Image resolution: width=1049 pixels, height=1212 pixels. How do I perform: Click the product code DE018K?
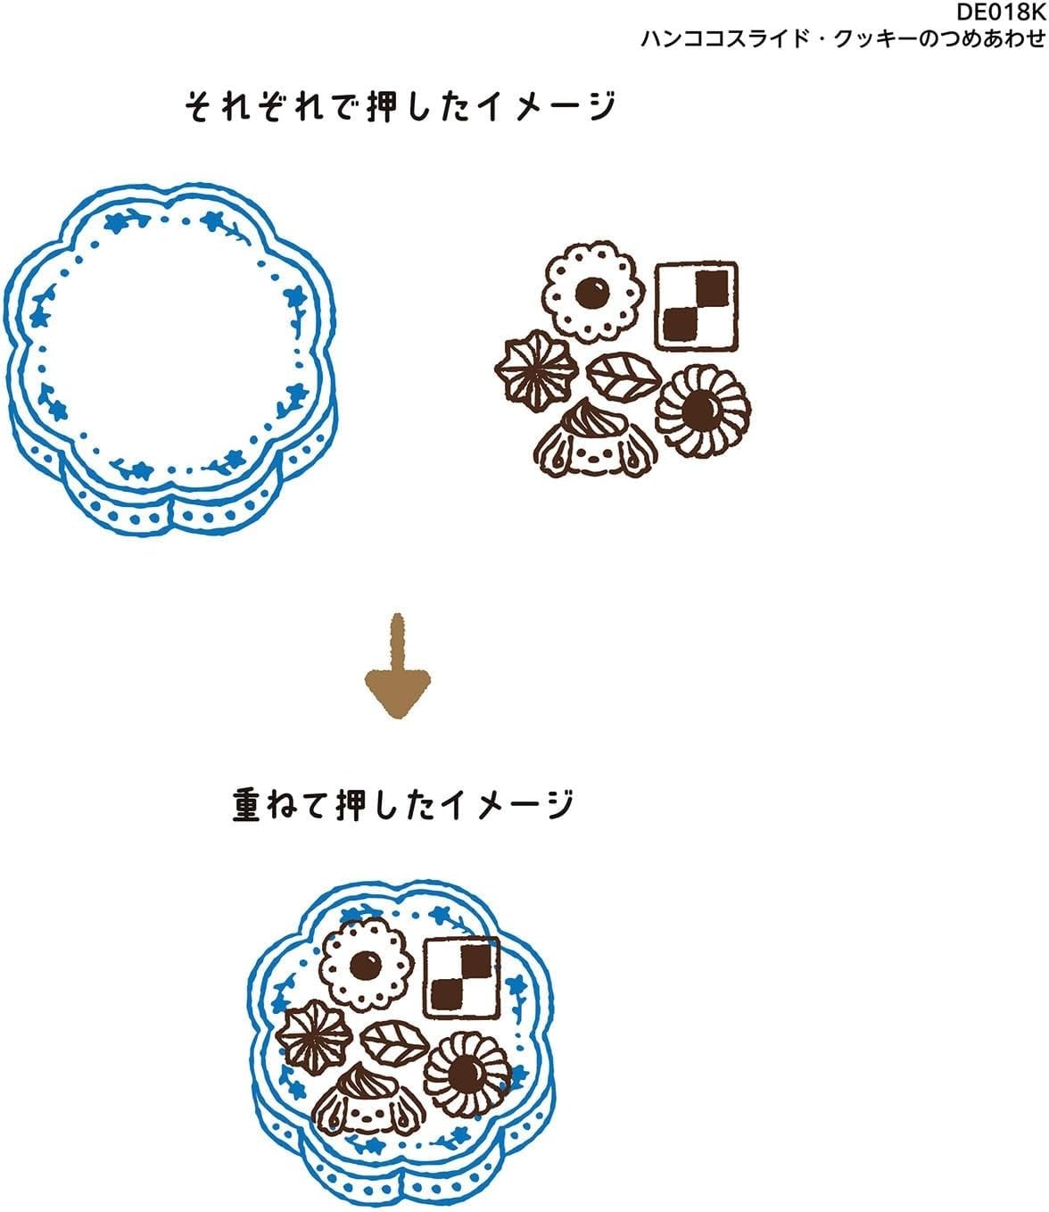(x=1000, y=12)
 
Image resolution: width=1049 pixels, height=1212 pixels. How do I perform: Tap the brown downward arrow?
(x=397, y=666)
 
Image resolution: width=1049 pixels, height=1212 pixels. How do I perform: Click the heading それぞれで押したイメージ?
(x=401, y=106)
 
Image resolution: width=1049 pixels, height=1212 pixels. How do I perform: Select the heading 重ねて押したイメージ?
(x=403, y=805)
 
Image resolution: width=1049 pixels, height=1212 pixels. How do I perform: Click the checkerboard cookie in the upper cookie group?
(x=696, y=306)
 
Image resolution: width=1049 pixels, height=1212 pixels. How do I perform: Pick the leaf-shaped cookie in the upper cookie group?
(x=624, y=377)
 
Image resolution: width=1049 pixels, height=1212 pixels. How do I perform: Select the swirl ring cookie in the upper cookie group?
(x=703, y=410)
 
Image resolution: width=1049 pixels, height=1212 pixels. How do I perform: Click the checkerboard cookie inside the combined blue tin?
(x=462, y=977)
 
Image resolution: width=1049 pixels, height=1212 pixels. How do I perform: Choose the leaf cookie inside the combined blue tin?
(x=394, y=1042)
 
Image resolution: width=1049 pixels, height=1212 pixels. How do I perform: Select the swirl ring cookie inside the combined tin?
(x=467, y=1074)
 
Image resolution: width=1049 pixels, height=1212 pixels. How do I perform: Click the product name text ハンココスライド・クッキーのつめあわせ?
(x=843, y=38)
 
